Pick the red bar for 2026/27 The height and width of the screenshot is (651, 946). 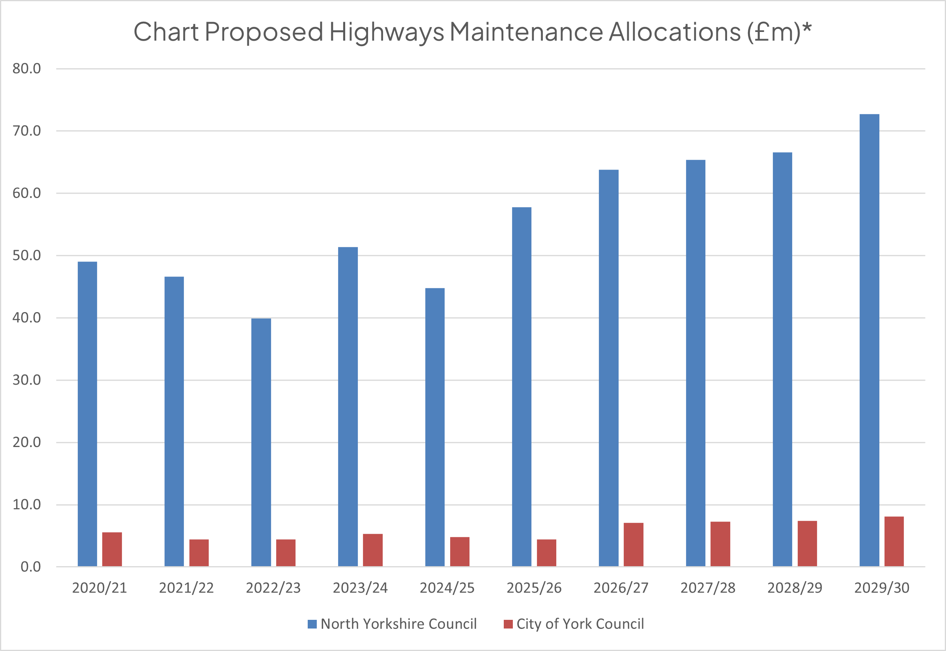tap(633, 544)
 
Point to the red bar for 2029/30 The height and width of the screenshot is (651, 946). tap(894, 541)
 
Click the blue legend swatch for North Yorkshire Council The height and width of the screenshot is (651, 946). tap(312, 624)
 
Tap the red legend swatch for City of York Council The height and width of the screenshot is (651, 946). tap(508, 624)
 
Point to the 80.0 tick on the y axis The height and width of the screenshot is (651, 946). tap(26, 69)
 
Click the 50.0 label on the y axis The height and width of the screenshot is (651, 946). tap(26, 255)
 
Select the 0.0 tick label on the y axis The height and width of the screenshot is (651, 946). tap(31, 567)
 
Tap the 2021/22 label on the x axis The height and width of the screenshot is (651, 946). tap(186, 588)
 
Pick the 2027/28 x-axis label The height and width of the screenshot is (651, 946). tap(708, 588)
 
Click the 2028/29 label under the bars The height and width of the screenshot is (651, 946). tap(795, 588)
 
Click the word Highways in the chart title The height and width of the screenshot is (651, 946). tap(387, 32)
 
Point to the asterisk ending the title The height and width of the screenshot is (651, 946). tap(807, 28)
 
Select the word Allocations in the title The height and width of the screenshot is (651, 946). tap(675, 32)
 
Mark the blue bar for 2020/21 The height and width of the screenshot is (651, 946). tap(87, 413)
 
